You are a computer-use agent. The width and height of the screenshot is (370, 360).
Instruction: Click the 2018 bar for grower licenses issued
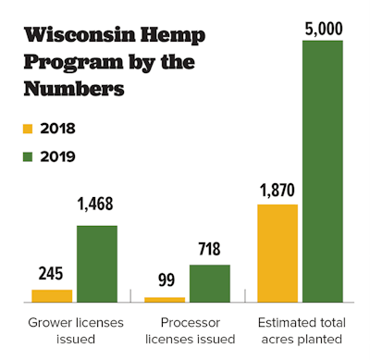pos(52,295)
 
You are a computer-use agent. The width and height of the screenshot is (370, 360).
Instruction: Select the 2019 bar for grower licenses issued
pos(96,263)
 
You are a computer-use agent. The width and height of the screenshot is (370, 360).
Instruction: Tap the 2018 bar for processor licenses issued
pos(165,299)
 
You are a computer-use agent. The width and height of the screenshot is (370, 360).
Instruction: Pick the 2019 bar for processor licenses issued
pos(209,283)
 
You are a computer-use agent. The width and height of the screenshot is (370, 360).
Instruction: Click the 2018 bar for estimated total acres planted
pos(277,253)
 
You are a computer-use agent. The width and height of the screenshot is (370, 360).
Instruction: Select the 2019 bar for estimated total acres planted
pos(322,171)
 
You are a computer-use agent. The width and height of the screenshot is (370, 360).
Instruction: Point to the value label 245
pos(52,275)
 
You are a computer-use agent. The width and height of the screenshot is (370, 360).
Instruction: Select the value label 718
pos(209,250)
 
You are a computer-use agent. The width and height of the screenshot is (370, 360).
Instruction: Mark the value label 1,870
pos(277,190)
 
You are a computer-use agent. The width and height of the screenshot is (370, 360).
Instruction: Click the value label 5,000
pos(322,26)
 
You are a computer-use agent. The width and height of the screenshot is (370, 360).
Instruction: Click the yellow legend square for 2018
pos(27,129)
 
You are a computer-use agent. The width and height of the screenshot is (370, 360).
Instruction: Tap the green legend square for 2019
pos(27,156)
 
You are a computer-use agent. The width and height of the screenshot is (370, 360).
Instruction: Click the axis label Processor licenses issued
pos(187,330)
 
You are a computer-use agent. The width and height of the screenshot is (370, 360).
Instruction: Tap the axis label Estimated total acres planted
pos(300,330)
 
